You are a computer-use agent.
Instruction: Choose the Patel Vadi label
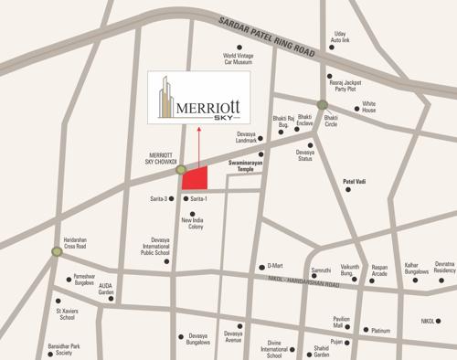pyautogui.click(x=359, y=182)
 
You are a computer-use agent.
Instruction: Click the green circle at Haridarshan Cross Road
pyautogui.click(x=57, y=249)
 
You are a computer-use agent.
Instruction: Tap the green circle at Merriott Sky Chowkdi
pyautogui.click(x=181, y=170)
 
